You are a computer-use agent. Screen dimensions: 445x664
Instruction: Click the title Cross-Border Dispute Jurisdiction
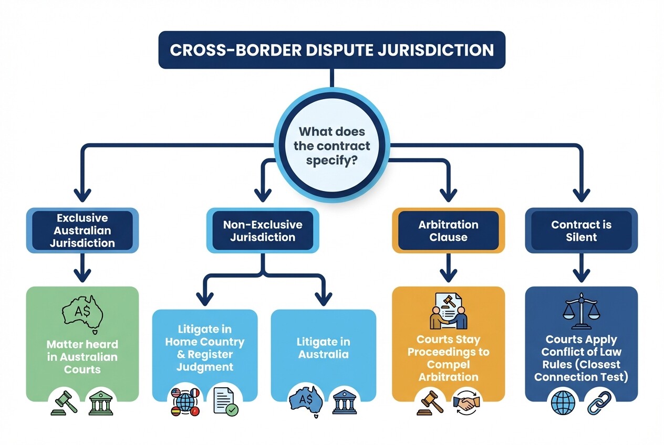tap(331, 50)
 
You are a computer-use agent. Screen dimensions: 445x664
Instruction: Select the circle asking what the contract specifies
tap(331, 146)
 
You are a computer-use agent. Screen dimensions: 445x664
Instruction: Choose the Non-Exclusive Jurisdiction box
tap(263, 230)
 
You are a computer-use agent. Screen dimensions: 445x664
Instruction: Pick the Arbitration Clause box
tap(448, 230)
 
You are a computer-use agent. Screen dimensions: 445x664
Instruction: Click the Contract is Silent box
tap(581, 230)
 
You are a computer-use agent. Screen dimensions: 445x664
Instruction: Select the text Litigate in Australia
tap(323, 348)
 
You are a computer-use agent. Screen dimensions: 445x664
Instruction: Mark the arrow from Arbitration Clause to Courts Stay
tap(448, 268)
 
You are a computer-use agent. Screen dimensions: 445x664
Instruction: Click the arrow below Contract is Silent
tap(581, 268)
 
